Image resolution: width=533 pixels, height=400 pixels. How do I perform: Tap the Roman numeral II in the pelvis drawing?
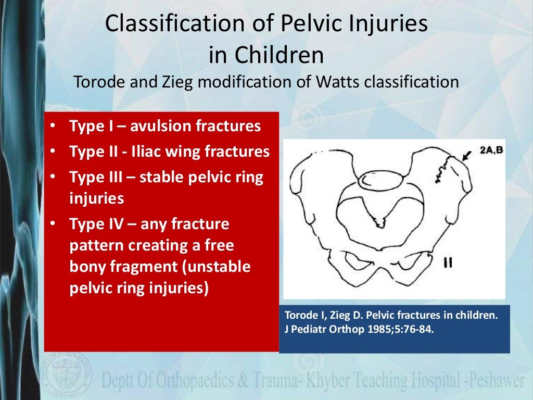447,262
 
